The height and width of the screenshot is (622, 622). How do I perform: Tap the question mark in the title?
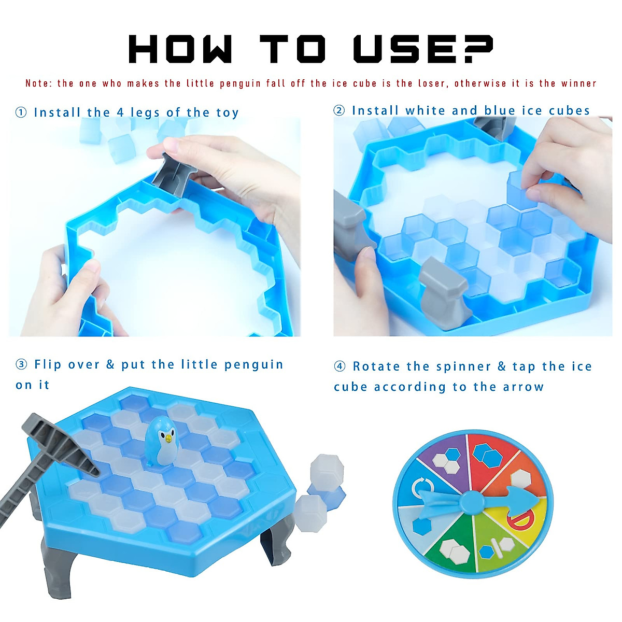pyautogui.click(x=475, y=50)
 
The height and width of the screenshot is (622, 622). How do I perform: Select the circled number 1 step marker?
pyautogui.click(x=21, y=112)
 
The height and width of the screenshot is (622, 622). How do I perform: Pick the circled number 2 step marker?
pyautogui.click(x=339, y=110)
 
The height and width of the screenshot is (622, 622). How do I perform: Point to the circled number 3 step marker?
pyautogui.click(x=21, y=364)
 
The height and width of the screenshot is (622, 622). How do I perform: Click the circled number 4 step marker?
pyautogui.click(x=340, y=366)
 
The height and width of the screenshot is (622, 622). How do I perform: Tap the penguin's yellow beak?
pyautogui.click(x=168, y=439)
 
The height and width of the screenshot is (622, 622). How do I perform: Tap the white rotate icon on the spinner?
pyautogui.click(x=422, y=487)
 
